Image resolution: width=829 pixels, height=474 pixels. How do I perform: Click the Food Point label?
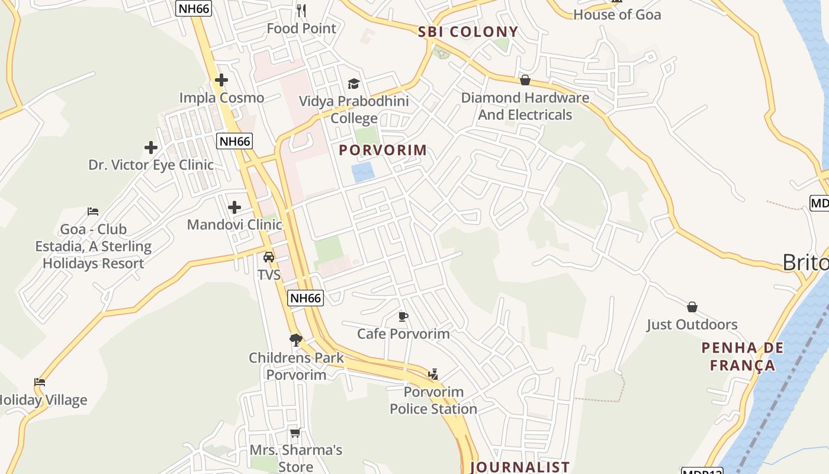[301, 28]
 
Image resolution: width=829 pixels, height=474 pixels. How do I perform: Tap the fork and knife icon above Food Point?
[301, 10]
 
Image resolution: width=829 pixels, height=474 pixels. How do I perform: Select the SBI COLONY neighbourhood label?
[468, 32]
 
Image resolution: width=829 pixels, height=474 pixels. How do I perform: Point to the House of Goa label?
[617, 15]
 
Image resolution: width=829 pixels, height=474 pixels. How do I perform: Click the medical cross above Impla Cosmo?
[221, 80]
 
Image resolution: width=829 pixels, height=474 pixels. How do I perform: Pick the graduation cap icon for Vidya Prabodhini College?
[354, 84]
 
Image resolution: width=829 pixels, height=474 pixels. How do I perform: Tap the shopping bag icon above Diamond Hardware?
[525, 80]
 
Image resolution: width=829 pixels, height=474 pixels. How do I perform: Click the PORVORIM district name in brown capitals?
[383, 150]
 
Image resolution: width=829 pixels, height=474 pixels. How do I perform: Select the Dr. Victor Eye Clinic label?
[151, 165]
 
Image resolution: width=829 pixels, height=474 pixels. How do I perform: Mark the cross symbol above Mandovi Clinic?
[234, 207]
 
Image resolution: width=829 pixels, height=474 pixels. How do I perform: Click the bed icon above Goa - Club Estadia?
[93, 211]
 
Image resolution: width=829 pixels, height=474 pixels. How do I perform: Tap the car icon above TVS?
[269, 257]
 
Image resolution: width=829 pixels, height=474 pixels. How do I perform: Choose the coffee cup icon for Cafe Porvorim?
[403, 316]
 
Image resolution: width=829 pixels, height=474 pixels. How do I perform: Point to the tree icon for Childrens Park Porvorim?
[296, 340]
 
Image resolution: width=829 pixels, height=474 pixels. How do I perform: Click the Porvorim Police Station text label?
[433, 401]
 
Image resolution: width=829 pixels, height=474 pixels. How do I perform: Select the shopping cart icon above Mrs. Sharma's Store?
[295, 433]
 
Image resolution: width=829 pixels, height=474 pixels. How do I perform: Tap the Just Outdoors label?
[692, 325]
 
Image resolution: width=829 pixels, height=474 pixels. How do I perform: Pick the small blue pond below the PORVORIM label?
[363, 172]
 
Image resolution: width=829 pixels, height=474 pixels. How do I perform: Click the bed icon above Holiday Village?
[40, 382]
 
